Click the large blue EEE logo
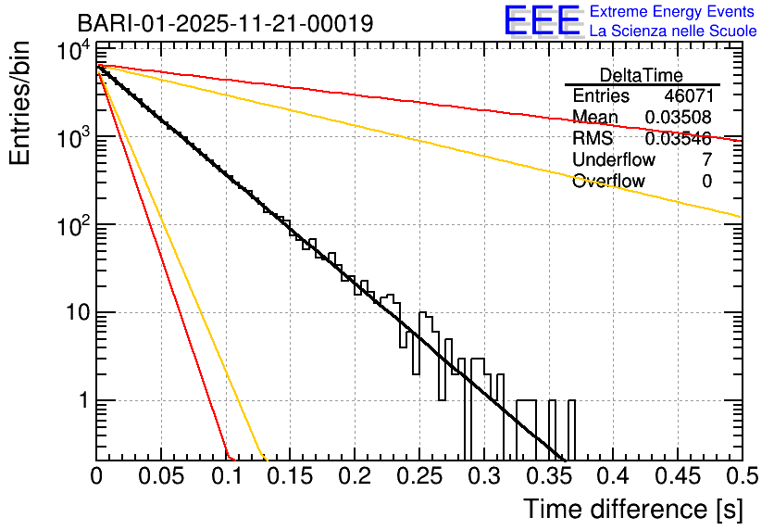coord(542,21)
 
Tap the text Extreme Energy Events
coord(673,11)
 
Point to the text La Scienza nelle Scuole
coord(673,31)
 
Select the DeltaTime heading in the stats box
coord(642,75)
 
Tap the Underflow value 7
coord(706,160)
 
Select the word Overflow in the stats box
coord(608,182)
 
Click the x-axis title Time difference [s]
coord(630,509)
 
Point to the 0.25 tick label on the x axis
coord(418,477)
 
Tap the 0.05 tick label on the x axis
coord(160,477)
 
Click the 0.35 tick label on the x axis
coord(547,477)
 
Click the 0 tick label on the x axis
coord(96,477)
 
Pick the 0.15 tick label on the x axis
coord(290,477)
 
